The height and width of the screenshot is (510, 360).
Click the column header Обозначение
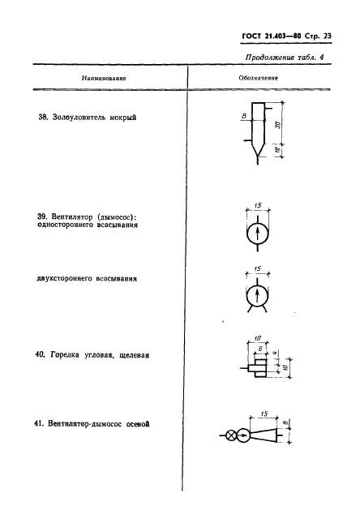[x=259, y=79]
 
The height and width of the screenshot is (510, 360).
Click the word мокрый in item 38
[x=122, y=118]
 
